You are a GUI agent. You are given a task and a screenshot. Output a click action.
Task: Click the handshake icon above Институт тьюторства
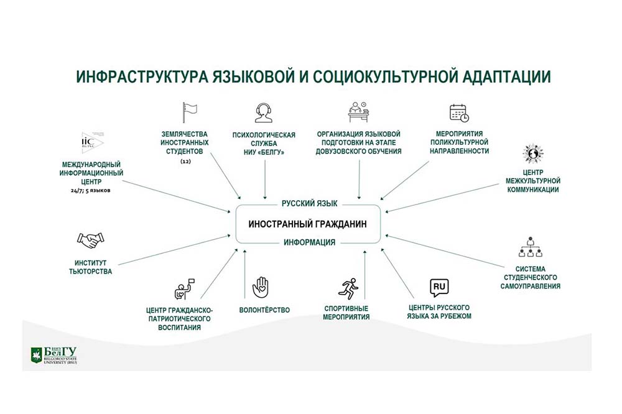(x=90, y=240)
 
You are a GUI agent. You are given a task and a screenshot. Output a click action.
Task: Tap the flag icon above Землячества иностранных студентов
(x=189, y=112)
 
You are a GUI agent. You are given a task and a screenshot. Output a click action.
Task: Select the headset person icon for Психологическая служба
(x=264, y=113)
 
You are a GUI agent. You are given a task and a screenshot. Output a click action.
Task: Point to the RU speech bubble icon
(x=439, y=287)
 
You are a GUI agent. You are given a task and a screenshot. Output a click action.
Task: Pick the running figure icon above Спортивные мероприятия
(x=346, y=288)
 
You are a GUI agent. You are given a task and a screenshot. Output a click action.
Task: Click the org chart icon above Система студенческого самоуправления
(x=531, y=247)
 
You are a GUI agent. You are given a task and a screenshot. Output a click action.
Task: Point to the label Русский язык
(x=309, y=203)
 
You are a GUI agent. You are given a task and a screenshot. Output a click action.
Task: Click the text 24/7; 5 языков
(x=90, y=190)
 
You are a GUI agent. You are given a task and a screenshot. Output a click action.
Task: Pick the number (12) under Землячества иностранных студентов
(x=185, y=161)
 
